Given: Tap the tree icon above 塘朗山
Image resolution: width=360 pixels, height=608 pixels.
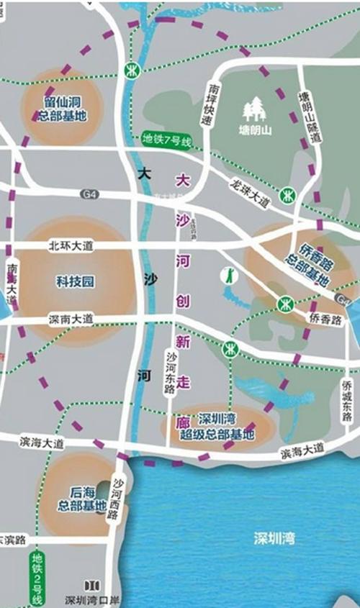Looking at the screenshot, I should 254,110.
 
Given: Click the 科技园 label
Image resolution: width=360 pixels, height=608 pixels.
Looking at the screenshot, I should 76,281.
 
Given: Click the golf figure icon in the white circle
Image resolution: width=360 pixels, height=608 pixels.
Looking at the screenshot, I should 228,275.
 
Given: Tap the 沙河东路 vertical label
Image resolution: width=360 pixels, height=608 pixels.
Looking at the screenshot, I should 171,373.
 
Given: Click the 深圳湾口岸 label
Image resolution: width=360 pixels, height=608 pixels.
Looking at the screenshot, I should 91,599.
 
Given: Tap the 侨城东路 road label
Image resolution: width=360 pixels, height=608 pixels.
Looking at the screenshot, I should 346,399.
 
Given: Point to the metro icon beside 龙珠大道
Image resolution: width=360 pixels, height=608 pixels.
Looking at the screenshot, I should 287,196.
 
